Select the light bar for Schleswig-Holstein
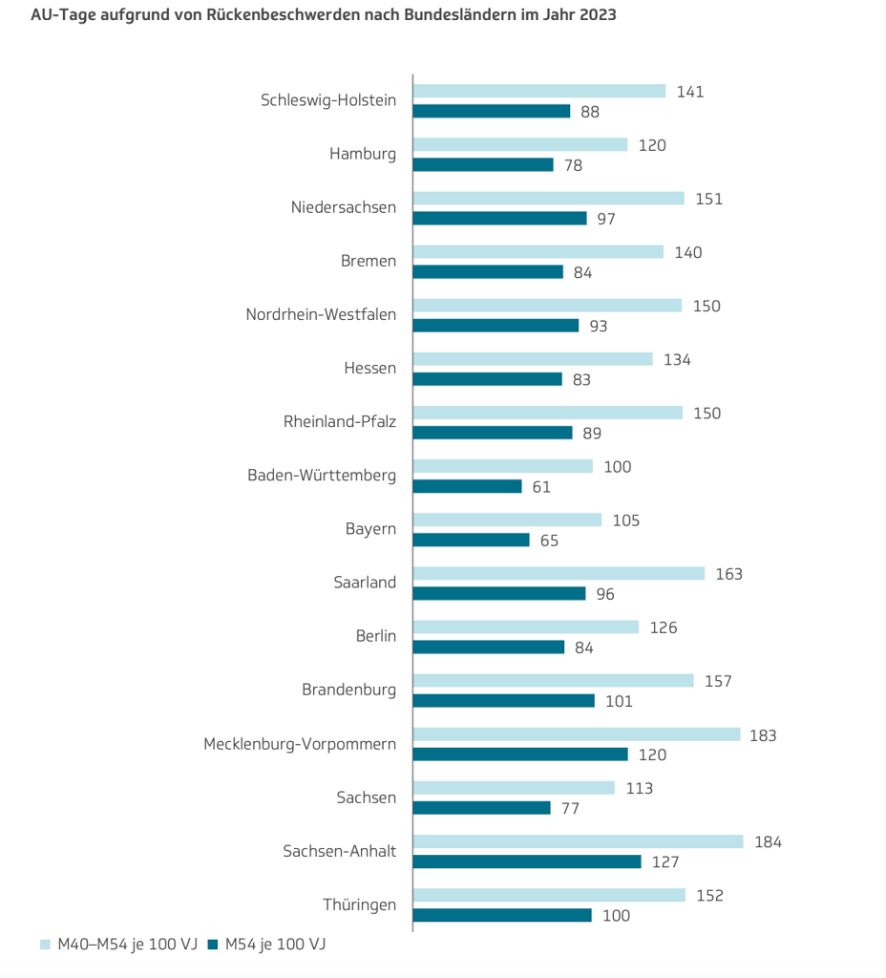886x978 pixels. click(539, 92)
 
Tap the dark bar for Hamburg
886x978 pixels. click(483, 165)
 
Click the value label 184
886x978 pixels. click(768, 842)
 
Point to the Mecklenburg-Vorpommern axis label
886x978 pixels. click(300, 744)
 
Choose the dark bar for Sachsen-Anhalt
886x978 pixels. click(527, 861)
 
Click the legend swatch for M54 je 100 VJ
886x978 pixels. click(215, 945)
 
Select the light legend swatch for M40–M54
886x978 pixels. click(45, 945)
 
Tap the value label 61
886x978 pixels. click(541, 487)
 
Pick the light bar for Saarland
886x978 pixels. click(559, 574)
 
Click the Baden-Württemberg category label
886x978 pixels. click(322, 476)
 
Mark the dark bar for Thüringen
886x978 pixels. click(502, 915)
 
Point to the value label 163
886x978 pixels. click(728, 574)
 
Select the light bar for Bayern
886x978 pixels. click(507, 521)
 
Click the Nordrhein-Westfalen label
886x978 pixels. click(321, 314)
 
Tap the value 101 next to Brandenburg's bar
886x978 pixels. click(619, 701)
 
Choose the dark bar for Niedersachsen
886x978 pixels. click(499, 219)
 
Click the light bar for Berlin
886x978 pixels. click(526, 627)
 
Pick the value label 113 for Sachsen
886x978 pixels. click(639, 789)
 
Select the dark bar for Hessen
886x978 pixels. click(487, 379)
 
